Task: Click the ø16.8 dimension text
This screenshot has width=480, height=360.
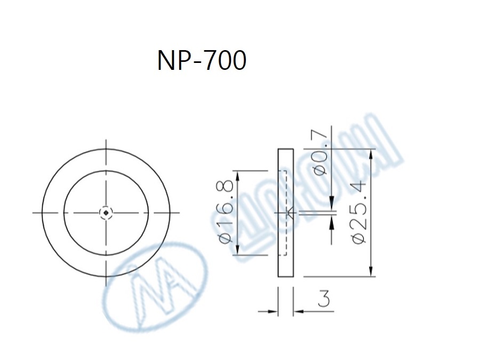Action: [x=226, y=212]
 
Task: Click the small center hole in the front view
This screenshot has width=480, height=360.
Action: [x=107, y=213]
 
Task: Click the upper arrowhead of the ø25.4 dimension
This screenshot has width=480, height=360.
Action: [x=372, y=154]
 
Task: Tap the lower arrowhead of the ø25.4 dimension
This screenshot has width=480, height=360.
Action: [x=372, y=271]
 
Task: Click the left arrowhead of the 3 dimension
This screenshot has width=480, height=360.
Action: [x=274, y=310]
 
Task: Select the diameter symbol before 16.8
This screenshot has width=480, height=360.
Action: [x=226, y=237]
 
